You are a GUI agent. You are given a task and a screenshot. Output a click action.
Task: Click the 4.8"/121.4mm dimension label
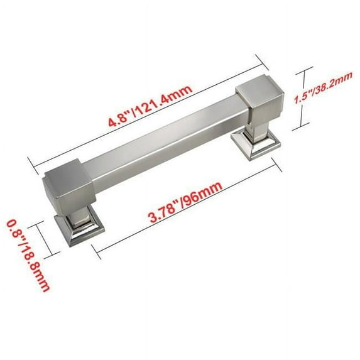pyautogui.click(x=150, y=106)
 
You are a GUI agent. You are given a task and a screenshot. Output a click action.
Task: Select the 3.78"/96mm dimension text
pyautogui.click(x=186, y=202)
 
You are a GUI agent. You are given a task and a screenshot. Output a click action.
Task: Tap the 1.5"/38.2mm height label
pyautogui.click(x=323, y=88)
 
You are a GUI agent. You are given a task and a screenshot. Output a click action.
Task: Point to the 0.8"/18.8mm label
pyautogui.click(x=28, y=256)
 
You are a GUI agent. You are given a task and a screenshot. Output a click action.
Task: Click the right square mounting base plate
pyautogui.click(x=256, y=142)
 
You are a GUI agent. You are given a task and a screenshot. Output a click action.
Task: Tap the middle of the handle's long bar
pyautogui.click(x=165, y=143)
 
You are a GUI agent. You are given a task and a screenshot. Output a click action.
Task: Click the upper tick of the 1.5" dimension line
pyautogui.click(x=305, y=71)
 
